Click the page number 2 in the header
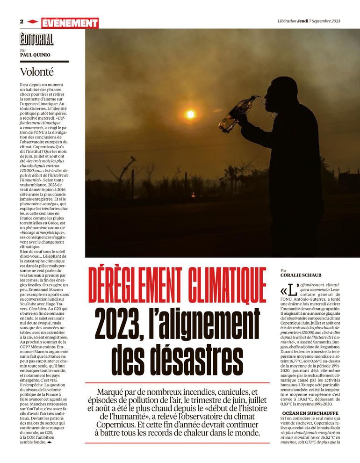[22, 22]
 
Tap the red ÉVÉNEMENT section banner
[70, 23]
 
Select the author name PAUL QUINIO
[35, 55]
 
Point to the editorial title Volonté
[36, 72]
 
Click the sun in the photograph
[190, 114]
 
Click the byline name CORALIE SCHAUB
[302, 275]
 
